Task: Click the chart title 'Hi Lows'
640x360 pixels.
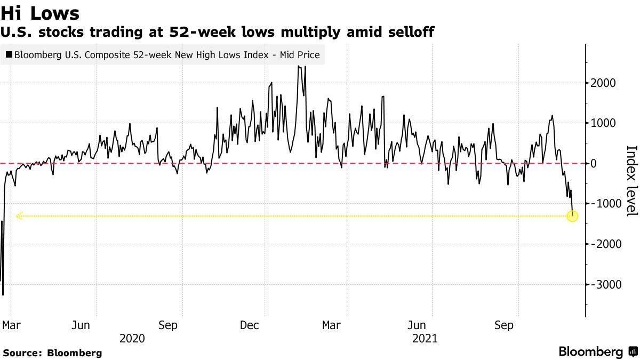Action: coord(40,13)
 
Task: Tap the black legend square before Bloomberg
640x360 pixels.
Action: coord(9,54)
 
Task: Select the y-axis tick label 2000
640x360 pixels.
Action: coord(603,83)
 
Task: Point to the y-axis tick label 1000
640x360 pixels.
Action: coord(603,123)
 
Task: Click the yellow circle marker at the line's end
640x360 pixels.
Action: coord(572,216)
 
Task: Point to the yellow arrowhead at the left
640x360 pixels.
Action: coord(19,216)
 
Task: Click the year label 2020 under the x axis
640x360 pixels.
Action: coord(132,338)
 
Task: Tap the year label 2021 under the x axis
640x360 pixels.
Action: coord(425,338)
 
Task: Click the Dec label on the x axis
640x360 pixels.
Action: coord(250,325)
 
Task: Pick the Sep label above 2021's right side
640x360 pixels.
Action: coord(504,325)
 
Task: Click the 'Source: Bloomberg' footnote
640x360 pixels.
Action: coord(52,353)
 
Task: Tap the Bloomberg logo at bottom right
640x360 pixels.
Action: coord(598,352)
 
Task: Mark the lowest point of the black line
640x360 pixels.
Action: coord(3,294)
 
